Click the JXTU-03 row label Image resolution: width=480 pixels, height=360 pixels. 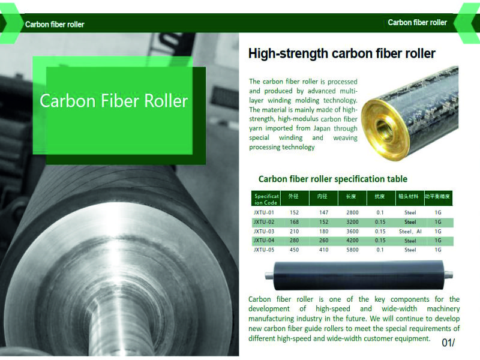[263, 232]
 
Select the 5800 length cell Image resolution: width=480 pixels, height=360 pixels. [352, 250]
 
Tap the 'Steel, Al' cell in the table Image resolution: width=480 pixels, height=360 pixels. [410, 232]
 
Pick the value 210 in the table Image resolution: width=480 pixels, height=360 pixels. [294, 232]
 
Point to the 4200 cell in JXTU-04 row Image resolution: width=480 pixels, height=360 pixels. [352, 241]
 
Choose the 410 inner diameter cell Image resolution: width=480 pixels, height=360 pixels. [323, 250]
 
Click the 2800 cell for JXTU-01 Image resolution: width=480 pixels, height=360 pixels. [352, 212]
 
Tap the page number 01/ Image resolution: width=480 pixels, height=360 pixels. [448, 343]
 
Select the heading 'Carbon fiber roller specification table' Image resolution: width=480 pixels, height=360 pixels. [333, 179]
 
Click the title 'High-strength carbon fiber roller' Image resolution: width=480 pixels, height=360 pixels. [341, 53]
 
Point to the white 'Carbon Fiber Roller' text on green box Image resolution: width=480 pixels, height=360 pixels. [113, 101]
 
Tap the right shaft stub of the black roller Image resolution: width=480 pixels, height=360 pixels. [448, 275]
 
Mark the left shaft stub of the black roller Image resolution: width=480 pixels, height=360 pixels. [269, 276]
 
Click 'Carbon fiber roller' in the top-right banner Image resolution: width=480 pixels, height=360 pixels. [417, 22]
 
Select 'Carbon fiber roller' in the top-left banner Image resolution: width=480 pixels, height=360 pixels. [55, 24]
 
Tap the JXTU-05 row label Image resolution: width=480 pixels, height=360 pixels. [263, 250]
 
